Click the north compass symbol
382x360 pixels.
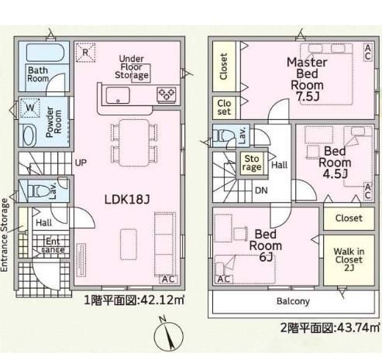168,335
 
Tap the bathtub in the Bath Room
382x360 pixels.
45,53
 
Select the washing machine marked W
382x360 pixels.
30,108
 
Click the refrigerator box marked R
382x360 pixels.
85,53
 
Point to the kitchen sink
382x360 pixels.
118,95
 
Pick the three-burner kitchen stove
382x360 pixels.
167,94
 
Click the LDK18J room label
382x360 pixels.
127,200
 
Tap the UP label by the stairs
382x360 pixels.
81,163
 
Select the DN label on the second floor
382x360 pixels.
261,190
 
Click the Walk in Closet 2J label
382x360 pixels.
349,259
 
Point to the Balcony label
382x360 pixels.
293,301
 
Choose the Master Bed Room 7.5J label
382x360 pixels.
307,79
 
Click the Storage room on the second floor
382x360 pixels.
252,163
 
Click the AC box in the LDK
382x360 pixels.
168,279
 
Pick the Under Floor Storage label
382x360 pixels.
132,67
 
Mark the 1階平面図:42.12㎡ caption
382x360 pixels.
134,300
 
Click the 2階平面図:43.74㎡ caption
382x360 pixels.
329,328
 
